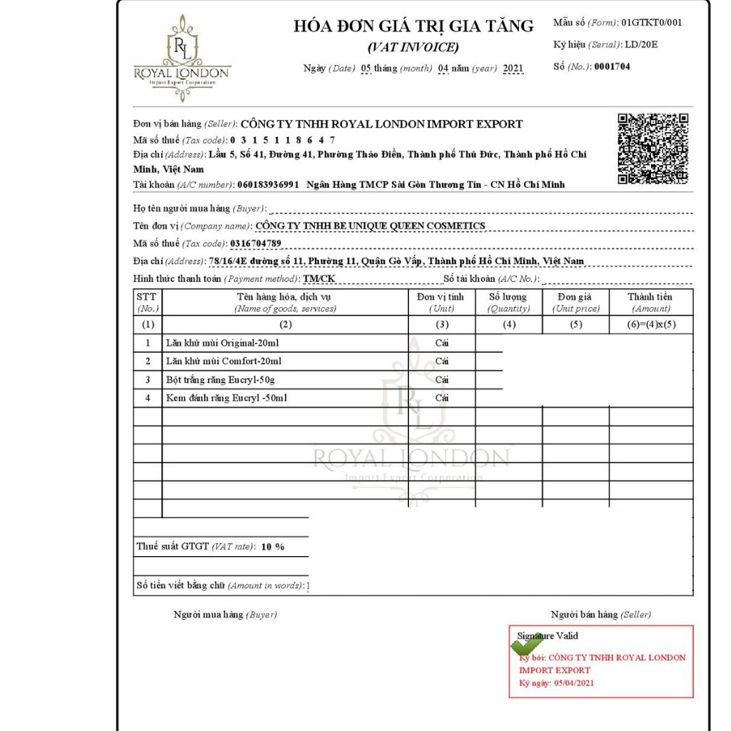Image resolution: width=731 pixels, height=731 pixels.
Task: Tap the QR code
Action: [x=652, y=148]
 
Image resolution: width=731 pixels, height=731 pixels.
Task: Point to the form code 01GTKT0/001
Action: [x=651, y=22]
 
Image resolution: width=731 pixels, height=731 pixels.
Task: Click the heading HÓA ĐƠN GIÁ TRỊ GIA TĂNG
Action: [x=413, y=26]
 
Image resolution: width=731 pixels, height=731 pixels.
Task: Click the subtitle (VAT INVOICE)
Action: [x=413, y=48]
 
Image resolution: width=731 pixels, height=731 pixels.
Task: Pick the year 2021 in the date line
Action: [x=513, y=69]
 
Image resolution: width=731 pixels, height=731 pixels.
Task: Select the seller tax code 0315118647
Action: [x=283, y=140]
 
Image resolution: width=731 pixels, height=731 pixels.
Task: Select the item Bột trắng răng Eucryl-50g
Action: [x=220, y=380]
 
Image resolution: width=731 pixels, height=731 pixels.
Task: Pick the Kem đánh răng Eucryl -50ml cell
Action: [x=226, y=398]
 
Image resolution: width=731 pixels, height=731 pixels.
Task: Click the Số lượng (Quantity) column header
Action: [x=508, y=302]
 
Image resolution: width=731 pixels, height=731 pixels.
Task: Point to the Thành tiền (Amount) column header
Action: [x=650, y=302]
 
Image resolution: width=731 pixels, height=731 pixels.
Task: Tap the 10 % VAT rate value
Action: [x=273, y=547]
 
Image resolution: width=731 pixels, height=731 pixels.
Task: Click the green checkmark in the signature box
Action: [x=526, y=644]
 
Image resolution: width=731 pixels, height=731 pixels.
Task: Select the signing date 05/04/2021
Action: [x=573, y=683]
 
